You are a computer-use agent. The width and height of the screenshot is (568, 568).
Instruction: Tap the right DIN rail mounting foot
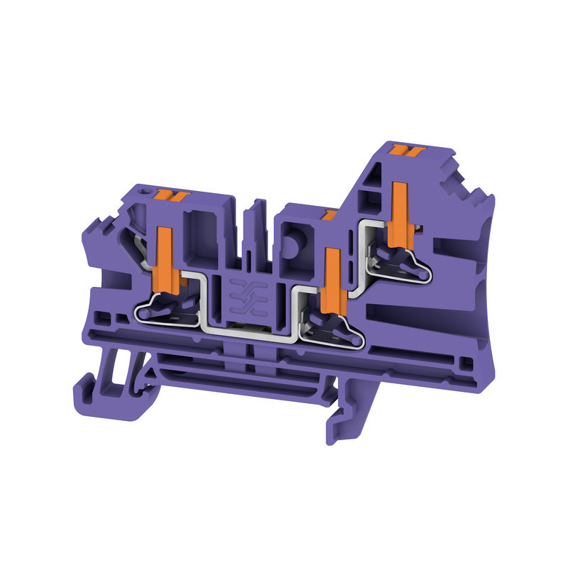pos(348,419)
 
